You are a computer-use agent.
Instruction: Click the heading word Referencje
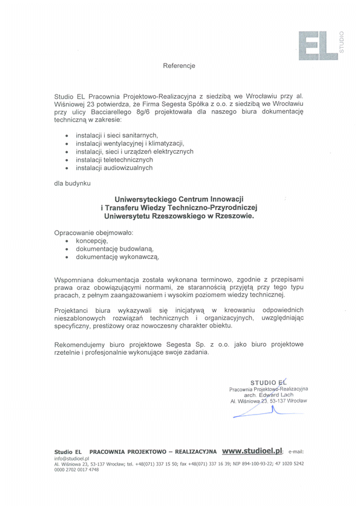(x=179, y=65)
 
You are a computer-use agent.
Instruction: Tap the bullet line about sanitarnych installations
(x=117, y=135)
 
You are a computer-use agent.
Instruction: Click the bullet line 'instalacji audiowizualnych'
(x=114, y=168)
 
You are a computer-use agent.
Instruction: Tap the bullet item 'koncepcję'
(x=91, y=240)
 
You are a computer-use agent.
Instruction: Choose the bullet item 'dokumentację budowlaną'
(x=114, y=249)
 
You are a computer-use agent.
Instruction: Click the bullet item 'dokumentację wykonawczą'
(x=117, y=257)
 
